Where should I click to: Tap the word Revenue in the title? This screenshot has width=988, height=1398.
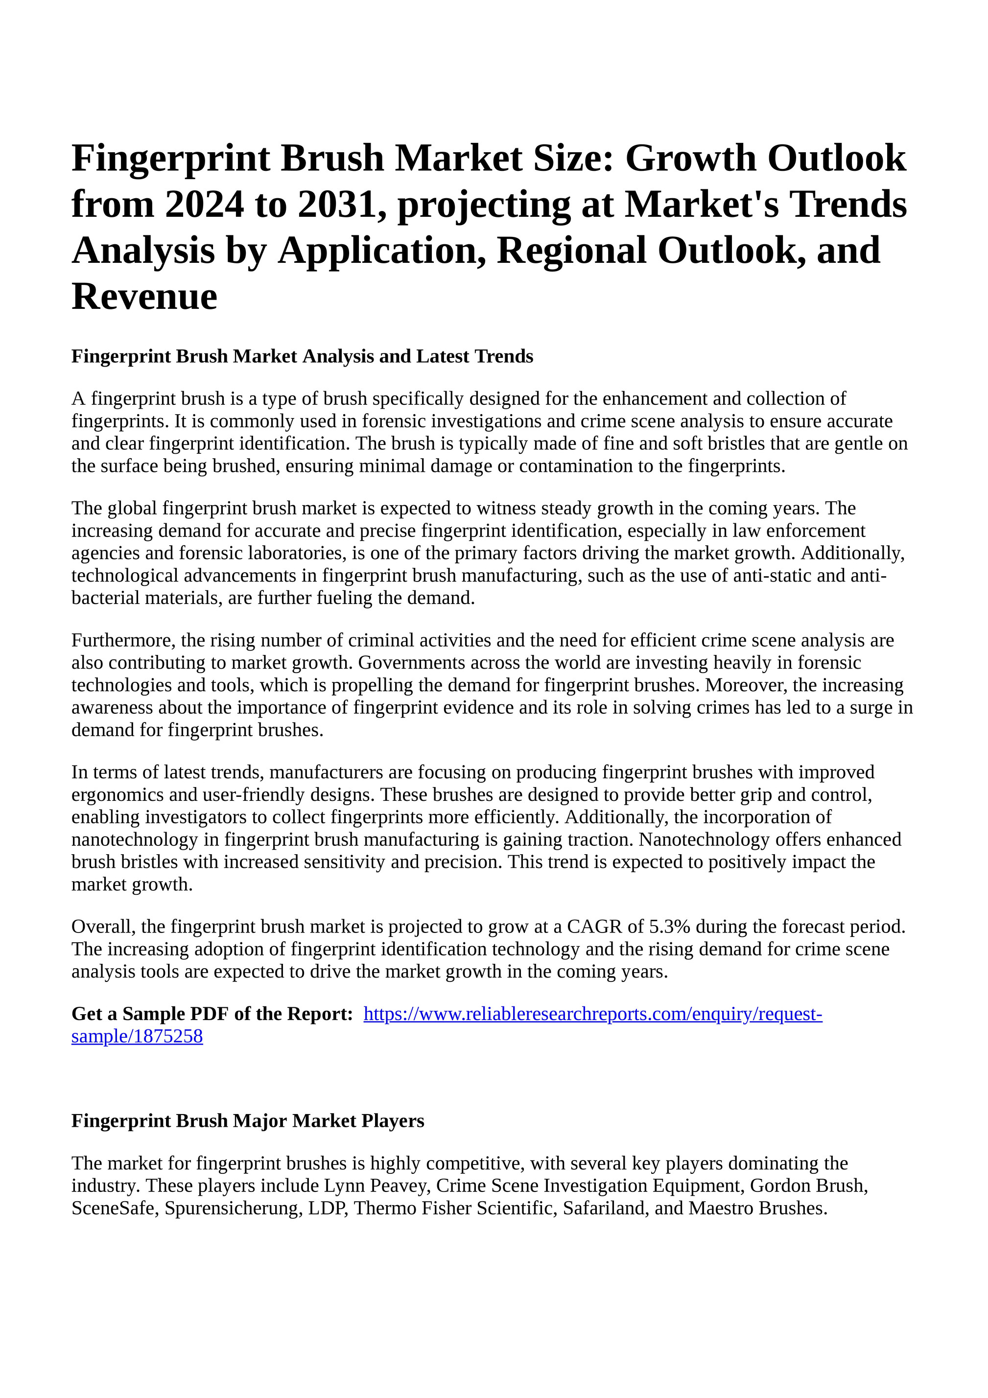pos(144,297)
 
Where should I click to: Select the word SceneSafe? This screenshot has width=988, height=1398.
pos(115,1208)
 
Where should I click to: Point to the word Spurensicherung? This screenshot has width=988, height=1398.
pos(234,1208)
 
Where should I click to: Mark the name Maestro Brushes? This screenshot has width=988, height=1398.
pos(758,1208)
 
